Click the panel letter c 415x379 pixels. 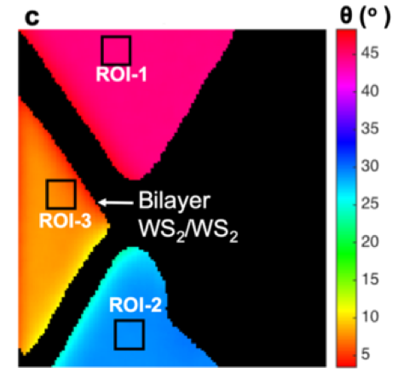click(32, 18)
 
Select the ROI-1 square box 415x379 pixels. click(116, 37)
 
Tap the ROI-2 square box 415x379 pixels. click(129, 320)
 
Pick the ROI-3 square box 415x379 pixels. click(61, 181)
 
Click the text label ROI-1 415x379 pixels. click(122, 74)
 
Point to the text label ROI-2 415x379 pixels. click(135, 305)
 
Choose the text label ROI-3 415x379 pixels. click(65, 221)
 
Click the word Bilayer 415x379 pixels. click(175, 201)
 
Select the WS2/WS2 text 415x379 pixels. click(188, 230)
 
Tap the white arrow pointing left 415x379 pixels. click(115, 203)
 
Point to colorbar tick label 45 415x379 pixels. click(370, 53)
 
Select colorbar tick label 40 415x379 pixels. click(370, 91)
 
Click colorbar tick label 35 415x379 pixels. click(370, 129)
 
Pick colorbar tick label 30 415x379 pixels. click(370, 166)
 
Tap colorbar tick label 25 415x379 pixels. click(370, 204)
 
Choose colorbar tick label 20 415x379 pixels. click(370, 242)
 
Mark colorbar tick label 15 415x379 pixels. click(371, 279)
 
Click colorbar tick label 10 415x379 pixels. click(371, 317)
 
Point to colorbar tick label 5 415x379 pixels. click(366, 354)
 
